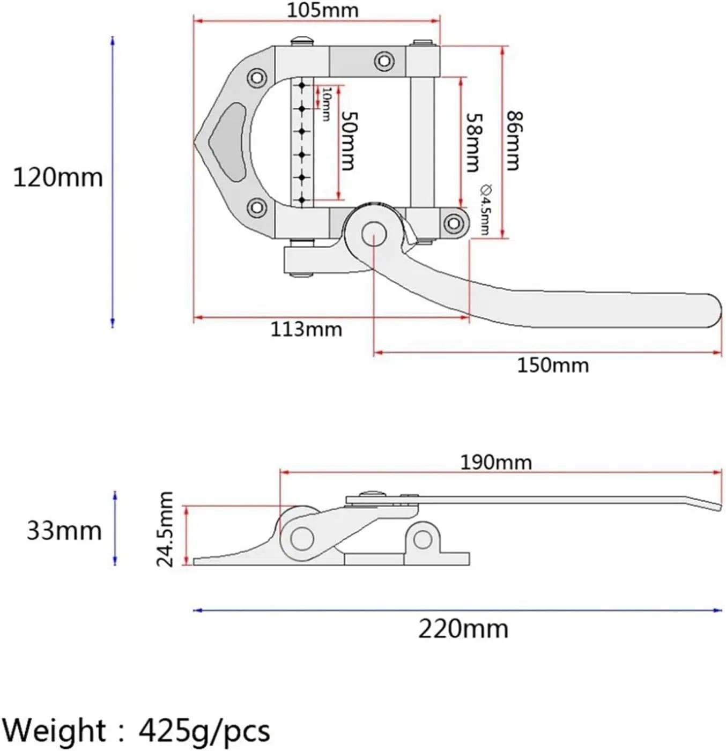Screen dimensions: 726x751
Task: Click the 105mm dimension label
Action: pyautogui.click(x=323, y=10)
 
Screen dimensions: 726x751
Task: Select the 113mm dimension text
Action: pyautogui.click(x=306, y=329)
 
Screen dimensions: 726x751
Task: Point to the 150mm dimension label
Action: pyautogui.click(x=553, y=365)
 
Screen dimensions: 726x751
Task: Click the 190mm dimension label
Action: pyautogui.click(x=496, y=462)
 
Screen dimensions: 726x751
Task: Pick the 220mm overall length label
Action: pyautogui.click(x=463, y=629)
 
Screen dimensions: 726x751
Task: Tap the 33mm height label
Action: pyautogui.click(x=64, y=531)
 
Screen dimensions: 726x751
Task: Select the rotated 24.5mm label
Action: pyautogui.click(x=165, y=529)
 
